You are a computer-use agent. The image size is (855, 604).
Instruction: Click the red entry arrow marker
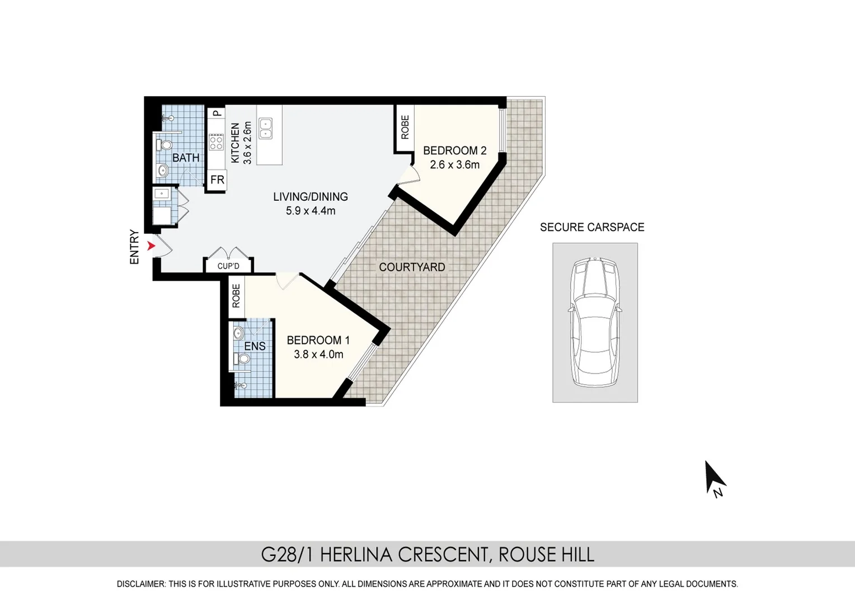(151, 246)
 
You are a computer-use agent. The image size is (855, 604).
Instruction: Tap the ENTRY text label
(134, 247)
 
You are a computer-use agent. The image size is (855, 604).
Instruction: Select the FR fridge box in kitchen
(217, 180)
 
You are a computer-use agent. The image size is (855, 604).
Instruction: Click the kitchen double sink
(265, 129)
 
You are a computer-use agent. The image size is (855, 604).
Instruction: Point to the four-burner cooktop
(216, 143)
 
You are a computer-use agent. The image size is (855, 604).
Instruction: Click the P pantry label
(217, 113)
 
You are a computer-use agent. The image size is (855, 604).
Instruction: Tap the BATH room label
(186, 158)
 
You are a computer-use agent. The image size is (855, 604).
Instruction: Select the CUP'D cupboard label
(228, 266)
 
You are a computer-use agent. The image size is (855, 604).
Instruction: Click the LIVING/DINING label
(311, 196)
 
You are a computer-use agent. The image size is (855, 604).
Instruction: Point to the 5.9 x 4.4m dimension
(311, 211)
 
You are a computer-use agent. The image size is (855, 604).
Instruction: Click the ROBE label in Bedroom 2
(405, 128)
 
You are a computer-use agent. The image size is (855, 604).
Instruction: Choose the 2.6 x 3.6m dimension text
(454, 165)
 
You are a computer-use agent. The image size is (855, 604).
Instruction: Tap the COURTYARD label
(412, 267)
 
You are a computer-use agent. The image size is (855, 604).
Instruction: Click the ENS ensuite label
(255, 346)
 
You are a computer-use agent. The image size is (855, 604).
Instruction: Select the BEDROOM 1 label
(318, 340)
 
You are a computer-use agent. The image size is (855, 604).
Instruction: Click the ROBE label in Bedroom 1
(236, 296)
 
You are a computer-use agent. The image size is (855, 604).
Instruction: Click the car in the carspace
(594, 323)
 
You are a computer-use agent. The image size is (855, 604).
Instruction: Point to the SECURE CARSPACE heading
(592, 227)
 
